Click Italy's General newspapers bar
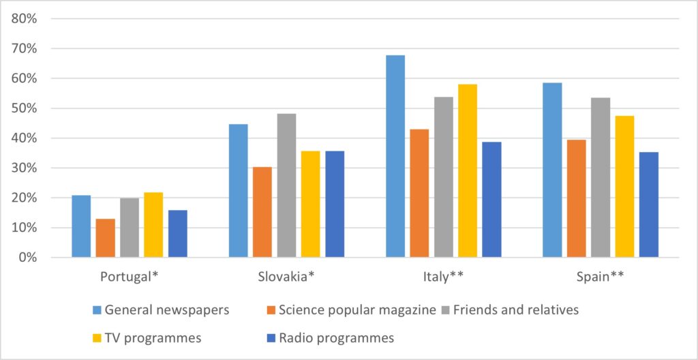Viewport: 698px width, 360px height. [395, 156]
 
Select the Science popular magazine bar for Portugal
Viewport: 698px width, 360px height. [106, 238]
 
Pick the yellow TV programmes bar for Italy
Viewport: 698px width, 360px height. [468, 170]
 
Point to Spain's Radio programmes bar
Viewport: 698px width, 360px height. [649, 205]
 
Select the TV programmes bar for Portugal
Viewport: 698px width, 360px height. [153, 224]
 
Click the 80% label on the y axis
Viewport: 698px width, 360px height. [24, 18]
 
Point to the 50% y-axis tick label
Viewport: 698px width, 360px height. [24, 108]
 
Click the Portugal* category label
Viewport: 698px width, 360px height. [130, 277]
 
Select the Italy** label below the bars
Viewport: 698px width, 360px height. [443, 277]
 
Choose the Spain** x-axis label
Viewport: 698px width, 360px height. [601, 277]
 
